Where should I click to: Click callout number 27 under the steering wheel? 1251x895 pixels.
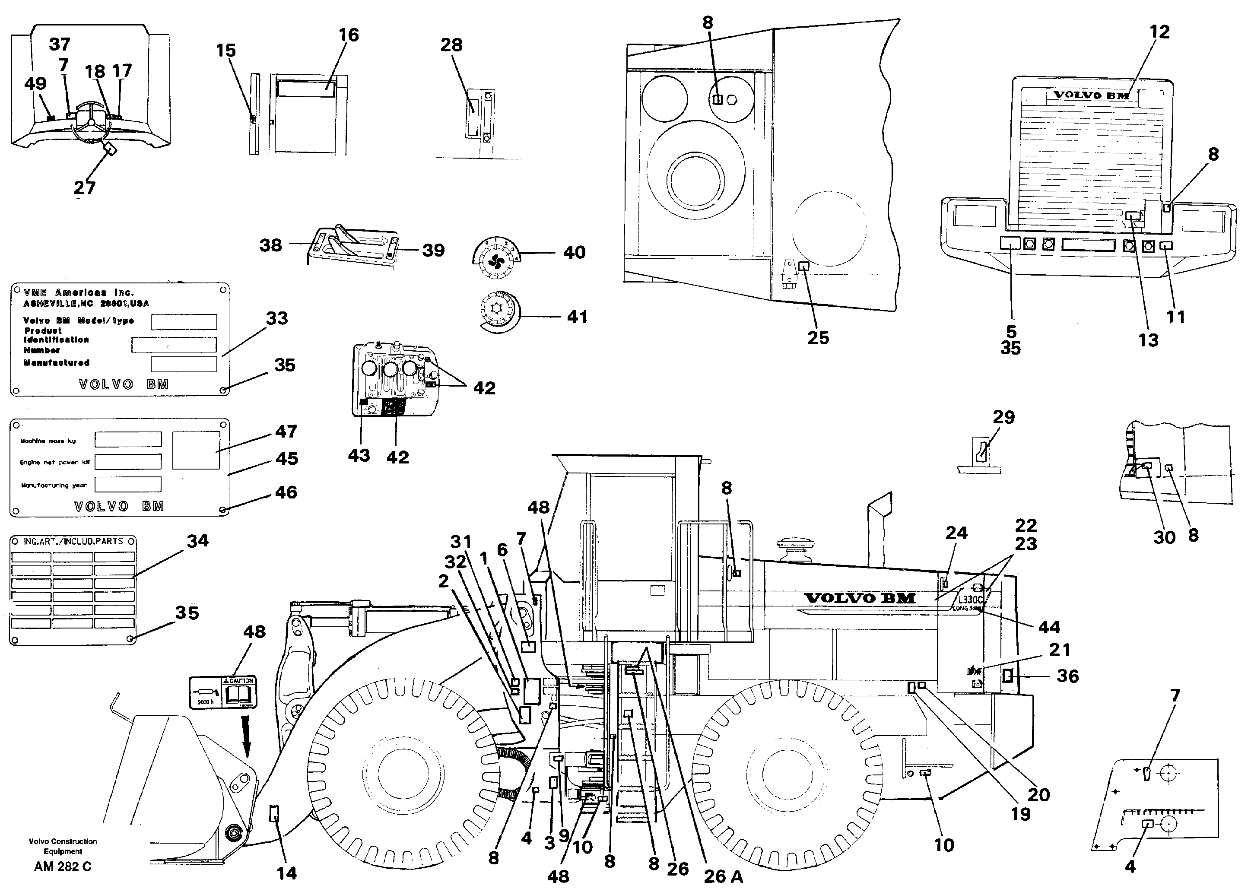click(84, 187)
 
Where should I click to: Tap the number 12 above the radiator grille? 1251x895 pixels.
click(1159, 32)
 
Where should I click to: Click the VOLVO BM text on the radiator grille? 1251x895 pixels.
click(1091, 95)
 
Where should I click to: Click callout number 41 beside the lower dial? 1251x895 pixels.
click(577, 317)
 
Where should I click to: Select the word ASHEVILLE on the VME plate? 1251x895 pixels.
click(47, 304)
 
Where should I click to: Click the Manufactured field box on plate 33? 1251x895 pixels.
click(184, 364)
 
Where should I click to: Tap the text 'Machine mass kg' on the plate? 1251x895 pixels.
click(48, 441)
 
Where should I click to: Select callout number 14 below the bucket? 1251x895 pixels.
click(286, 873)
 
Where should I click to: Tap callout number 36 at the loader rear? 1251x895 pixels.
click(1067, 676)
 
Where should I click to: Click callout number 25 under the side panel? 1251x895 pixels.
click(818, 338)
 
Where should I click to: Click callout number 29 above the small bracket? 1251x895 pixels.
click(1003, 417)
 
